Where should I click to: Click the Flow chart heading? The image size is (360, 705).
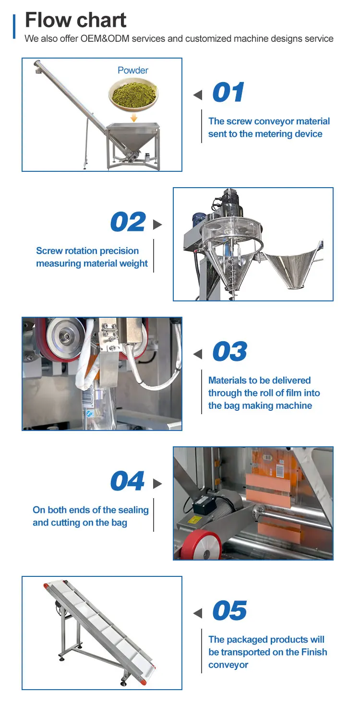click(x=75, y=20)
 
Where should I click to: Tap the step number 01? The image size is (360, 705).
click(x=228, y=92)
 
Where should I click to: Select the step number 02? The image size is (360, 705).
click(x=128, y=222)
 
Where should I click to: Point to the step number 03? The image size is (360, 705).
click(x=230, y=351)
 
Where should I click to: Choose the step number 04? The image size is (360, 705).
click(x=128, y=481)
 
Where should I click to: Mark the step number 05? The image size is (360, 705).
click(x=230, y=610)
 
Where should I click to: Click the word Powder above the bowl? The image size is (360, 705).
click(x=133, y=70)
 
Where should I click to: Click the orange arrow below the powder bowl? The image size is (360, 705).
click(x=134, y=118)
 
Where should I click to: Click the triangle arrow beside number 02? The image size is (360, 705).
click(x=157, y=225)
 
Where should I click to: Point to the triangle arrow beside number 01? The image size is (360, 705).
click(x=198, y=95)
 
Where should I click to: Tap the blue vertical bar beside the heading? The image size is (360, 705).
click(x=14, y=26)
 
